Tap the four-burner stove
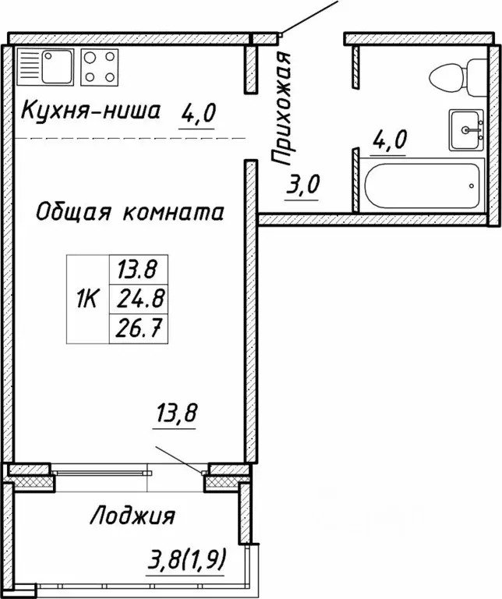100,66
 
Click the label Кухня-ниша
90,112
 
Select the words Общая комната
130,211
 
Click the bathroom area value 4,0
390,141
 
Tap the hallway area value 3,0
302,187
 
